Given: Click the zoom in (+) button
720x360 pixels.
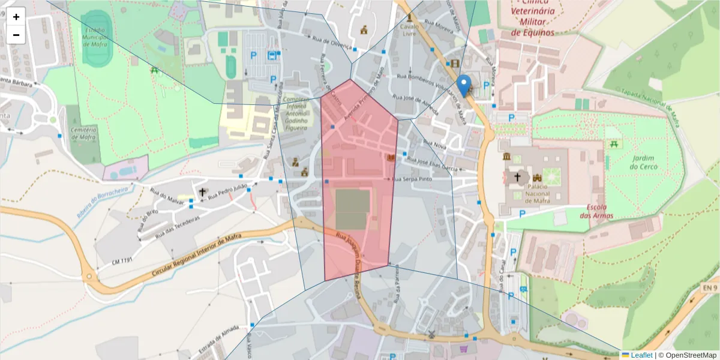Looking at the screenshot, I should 16,17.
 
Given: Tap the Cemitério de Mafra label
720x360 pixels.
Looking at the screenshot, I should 83,134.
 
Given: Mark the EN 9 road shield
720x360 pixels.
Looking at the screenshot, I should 710,289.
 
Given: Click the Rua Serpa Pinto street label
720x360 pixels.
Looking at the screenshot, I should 412,179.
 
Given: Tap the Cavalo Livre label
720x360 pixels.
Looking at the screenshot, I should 409,30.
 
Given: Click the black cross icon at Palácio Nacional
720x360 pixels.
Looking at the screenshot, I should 517,178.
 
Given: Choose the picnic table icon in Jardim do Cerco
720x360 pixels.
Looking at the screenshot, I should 613,145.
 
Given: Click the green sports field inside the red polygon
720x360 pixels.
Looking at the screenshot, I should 351,209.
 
